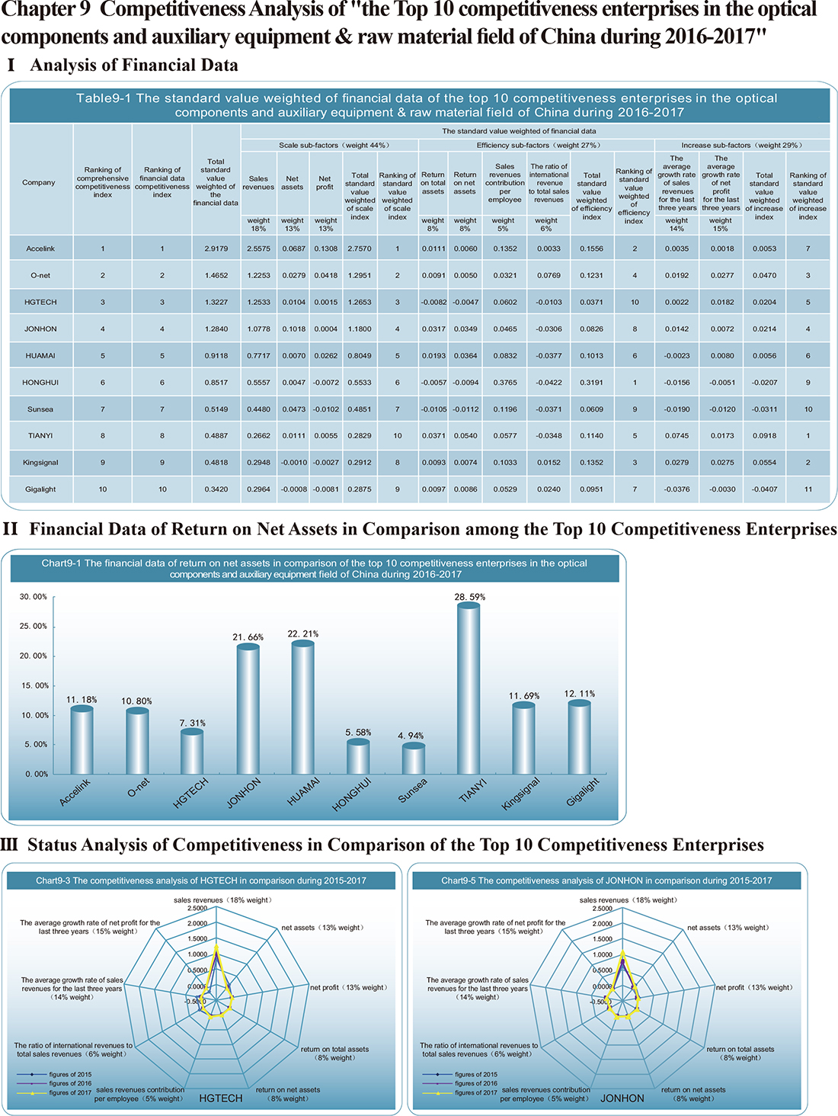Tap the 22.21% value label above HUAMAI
point(302,633)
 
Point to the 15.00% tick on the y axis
point(34,685)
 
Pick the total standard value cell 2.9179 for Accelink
point(216,249)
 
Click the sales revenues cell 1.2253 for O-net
point(258,275)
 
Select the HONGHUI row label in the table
point(40,383)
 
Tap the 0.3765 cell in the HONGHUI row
point(505,383)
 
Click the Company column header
point(39,182)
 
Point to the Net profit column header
point(325,182)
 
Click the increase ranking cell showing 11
point(808,489)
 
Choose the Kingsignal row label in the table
point(40,463)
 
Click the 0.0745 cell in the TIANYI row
point(677,436)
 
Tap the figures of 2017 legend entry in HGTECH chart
point(55,1092)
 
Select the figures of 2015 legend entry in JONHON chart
point(460,1074)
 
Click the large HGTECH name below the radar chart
point(220,1098)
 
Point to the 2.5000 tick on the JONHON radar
point(603,909)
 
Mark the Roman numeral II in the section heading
point(10,529)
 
